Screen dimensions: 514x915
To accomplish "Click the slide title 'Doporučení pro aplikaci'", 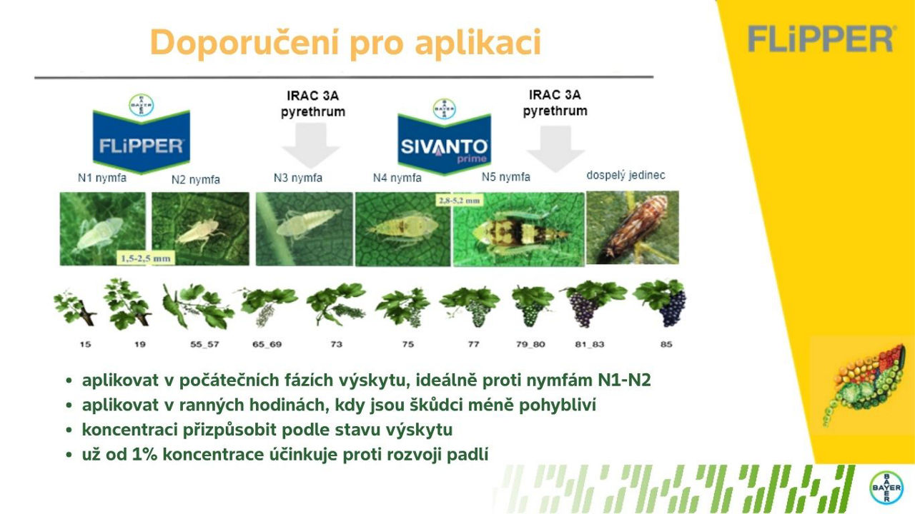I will [x=345, y=43].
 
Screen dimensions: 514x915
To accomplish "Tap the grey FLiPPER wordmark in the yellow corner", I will [x=821, y=39].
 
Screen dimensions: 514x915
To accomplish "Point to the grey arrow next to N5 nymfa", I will [x=555, y=148].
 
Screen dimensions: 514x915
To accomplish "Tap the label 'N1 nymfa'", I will [x=102, y=178].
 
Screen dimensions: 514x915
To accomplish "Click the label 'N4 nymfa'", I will [x=397, y=178].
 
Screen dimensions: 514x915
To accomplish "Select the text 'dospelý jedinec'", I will [x=625, y=175].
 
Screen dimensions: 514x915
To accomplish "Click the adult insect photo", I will [x=632, y=228].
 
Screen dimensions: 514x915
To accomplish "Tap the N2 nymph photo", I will [x=201, y=228].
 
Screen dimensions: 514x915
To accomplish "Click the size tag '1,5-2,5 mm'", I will [x=144, y=258].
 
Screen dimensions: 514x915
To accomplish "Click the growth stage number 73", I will [x=336, y=344].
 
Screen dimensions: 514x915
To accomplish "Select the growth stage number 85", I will [x=666, y=344].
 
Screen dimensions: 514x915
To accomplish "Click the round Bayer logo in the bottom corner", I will [x=886, y=488].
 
